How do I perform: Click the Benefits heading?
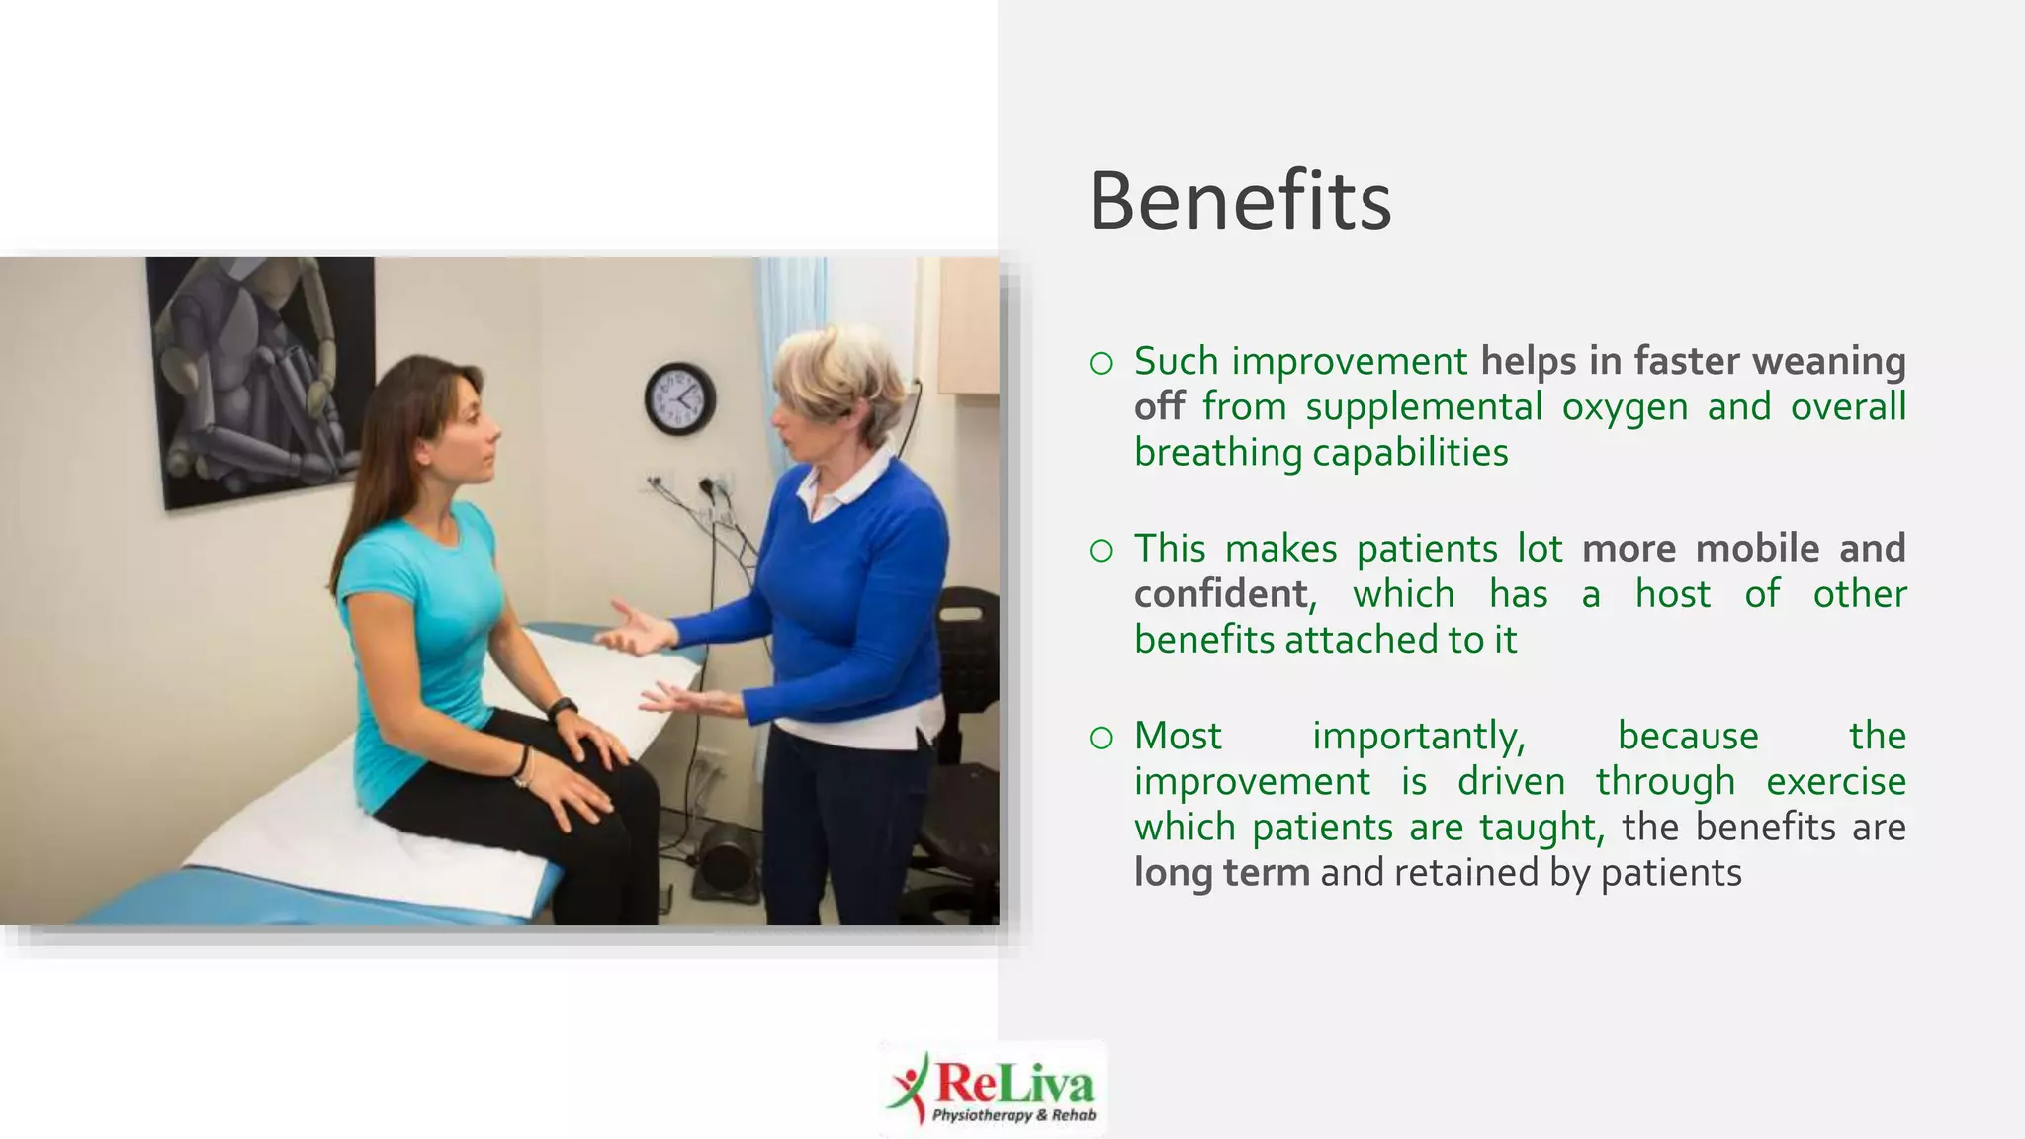pos(1240,202)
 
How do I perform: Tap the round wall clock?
pos(680,398)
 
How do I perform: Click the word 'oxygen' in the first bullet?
pos(1625,406)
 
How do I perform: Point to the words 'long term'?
pos(1221,873)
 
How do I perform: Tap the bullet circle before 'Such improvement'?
pos(1101,364)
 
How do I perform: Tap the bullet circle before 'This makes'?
pos(1101,551)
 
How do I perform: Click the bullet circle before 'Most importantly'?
pos(1101,738)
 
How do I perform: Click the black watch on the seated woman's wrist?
pos(563,709)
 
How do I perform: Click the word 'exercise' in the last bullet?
pos(1835,781)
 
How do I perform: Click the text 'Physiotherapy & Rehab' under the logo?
pos(1013,1116)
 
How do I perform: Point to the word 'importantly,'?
pos(1419,737)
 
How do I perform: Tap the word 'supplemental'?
pos(1424,406)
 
